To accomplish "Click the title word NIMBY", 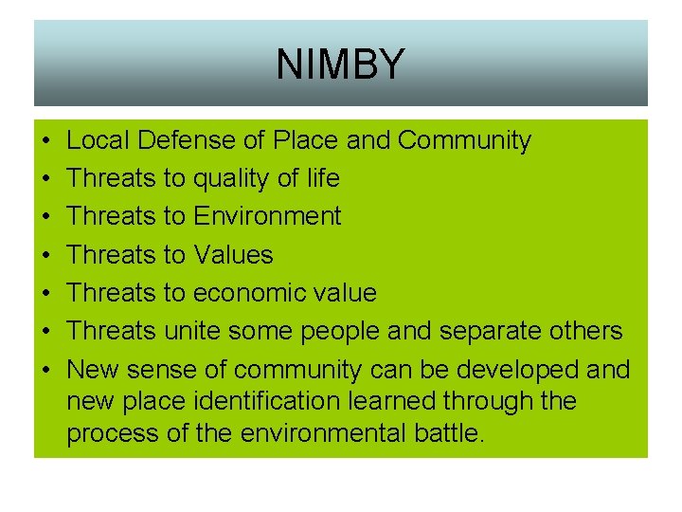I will [340, 64].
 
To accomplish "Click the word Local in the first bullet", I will [99, 141].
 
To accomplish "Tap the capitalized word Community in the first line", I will [464, 141].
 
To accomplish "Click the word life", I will [323, 179].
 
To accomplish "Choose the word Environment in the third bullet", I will [267, 217].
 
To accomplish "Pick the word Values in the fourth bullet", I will [233, 255].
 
